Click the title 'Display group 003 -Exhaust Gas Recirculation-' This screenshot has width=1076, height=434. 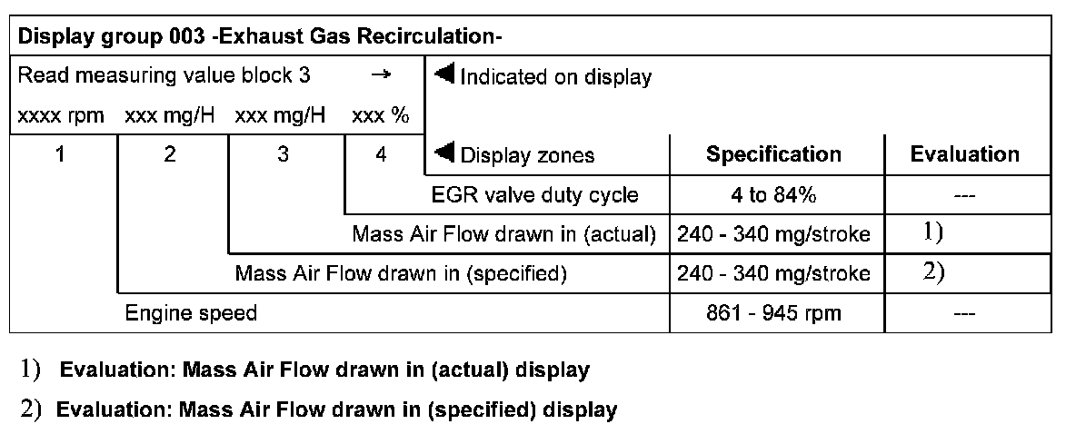pos(261,37)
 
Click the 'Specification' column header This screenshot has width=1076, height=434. pos(774,154)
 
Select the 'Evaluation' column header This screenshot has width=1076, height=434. pos(965,154)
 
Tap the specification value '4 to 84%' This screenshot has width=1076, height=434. pos(774,194)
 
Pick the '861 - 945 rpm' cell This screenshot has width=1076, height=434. pos(774,314)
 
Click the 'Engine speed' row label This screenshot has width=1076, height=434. pos(191,314)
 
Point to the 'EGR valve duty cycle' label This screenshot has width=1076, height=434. pos(548,194)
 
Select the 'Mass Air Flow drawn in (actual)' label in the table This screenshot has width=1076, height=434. pos(504,234)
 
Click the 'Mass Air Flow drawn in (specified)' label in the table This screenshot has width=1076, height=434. pos(401,273)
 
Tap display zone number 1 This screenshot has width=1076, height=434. pos(60,155)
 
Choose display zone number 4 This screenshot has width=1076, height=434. pos(382,155)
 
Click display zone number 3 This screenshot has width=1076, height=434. pos(284,155)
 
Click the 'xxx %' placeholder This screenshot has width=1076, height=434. pos(380,117)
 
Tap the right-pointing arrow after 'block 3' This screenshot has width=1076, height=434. pos(382,76)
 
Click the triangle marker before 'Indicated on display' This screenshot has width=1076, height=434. pos(445,74)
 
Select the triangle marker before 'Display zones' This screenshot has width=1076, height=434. pos(445,152)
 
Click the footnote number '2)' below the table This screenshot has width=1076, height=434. pos(32,409)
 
